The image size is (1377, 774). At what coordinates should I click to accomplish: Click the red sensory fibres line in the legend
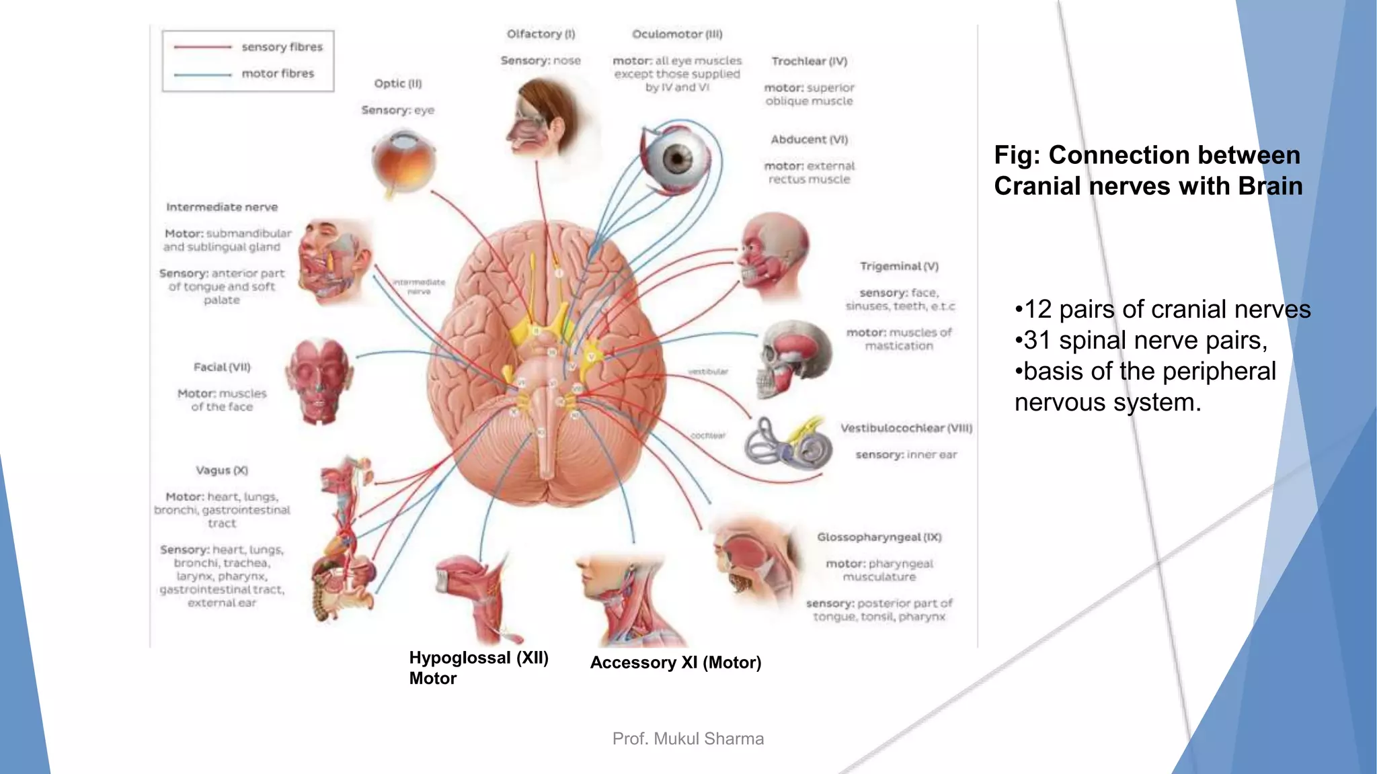(x=202, y=47)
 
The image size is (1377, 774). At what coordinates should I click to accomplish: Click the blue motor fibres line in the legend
(x=202, y=75)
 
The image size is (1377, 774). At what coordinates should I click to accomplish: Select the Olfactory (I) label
(x=541, y=34)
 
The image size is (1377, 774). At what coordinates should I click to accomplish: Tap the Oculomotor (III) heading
(x=676, y=34)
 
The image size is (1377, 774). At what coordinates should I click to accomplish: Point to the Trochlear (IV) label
(x=809, y=61)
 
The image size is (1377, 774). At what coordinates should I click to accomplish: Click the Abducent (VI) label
(x=809, y=140)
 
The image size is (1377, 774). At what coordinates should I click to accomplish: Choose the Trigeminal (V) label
(x=899, y=266)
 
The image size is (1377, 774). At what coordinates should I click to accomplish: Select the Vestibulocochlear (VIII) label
(x=906, y=428)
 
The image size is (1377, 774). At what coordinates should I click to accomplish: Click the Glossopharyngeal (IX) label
(x=879, y=537)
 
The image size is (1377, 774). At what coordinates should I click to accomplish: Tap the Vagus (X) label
(x=222, y=470)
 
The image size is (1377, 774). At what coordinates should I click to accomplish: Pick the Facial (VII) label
(x=222, y=367)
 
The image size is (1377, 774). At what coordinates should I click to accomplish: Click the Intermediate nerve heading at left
(x=222, y=207)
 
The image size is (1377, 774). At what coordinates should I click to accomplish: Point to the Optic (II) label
(x=397, y=83)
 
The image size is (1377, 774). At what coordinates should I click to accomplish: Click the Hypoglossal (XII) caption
(x=479, y=658)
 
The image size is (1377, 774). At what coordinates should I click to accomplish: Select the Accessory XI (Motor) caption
(x=675, y=662)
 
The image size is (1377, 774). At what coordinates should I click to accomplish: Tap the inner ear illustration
(x=787, y=443)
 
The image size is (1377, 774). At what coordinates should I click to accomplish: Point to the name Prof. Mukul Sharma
(x=688, y=738)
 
